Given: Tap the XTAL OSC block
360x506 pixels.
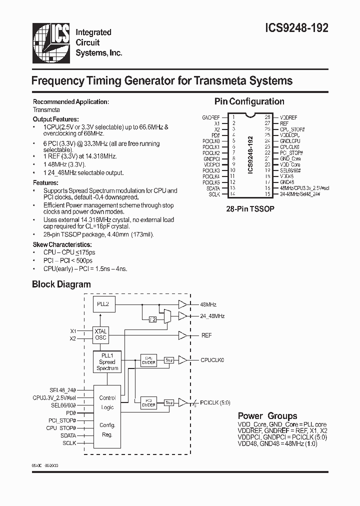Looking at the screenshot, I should click(x=100, y=334).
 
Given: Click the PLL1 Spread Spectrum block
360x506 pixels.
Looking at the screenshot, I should click(x=107, y=362).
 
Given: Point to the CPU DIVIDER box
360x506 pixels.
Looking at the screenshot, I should click(x=148, y=360).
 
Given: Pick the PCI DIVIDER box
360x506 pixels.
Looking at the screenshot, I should click(x=148, y=402).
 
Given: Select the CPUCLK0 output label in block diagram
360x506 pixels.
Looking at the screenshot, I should click(x=212, y=359).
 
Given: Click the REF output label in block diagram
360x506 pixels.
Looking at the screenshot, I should click(x=206, y=335).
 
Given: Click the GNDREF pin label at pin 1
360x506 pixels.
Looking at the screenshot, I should click(x=211, y=116).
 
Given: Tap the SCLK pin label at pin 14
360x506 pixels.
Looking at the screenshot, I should click(x=214, y=194).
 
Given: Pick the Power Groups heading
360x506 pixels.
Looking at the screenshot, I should click(x=267, y=416).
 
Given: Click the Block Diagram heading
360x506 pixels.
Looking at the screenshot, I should click(x=61, y=284).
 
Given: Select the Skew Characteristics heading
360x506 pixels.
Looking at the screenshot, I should click(x=62, y=244).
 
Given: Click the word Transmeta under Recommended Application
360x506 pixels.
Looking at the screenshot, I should click(x=46, y=109).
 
